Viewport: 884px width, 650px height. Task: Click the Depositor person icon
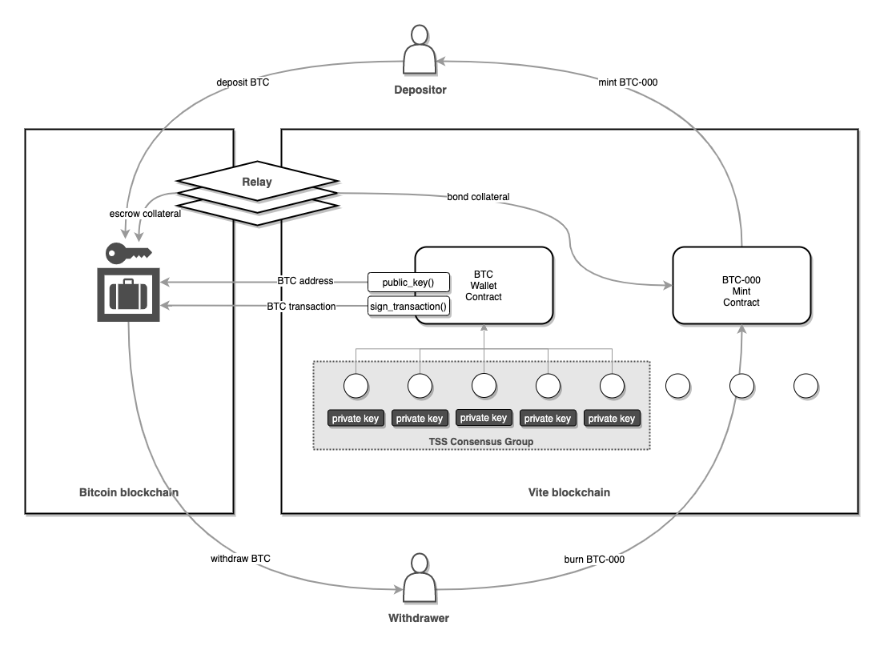(420, 51)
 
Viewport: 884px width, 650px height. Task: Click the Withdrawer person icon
(420, 580)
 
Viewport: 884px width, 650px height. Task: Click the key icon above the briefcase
(128, 252)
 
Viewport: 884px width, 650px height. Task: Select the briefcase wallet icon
(128, 294)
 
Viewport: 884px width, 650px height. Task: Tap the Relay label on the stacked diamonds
(257, 182)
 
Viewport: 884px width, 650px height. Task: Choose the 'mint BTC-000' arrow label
(628, 82)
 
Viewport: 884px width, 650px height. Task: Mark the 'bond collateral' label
(479, 196)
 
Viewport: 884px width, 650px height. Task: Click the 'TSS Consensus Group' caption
(480, 441)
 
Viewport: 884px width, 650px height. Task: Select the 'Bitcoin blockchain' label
(128, 492)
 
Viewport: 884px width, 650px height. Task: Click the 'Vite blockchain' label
(569, 492)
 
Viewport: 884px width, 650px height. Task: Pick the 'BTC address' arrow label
(305, 282)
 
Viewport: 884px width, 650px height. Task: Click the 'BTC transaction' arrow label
(301, 307)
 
